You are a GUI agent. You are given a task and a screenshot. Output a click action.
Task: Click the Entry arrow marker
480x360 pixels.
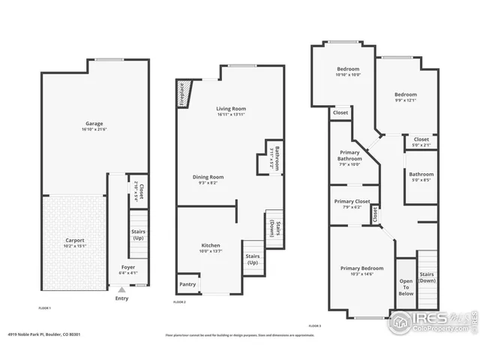pyautogui.click(x=121, y=289)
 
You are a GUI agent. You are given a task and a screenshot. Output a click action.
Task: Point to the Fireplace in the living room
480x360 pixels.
pyautogui.click(x=183, y=94)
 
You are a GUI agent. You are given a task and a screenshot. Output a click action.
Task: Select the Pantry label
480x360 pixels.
pyautogui.click(x=187, y=284)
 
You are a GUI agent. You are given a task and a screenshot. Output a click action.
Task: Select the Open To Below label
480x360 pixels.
pyautogui.click(x=405, y=287)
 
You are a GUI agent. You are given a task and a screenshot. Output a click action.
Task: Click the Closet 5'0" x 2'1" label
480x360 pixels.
pyautogui.click(x=421, y=141)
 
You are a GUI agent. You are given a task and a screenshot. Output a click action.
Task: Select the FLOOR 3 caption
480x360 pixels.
pyautogui.click(x=314, y=325)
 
